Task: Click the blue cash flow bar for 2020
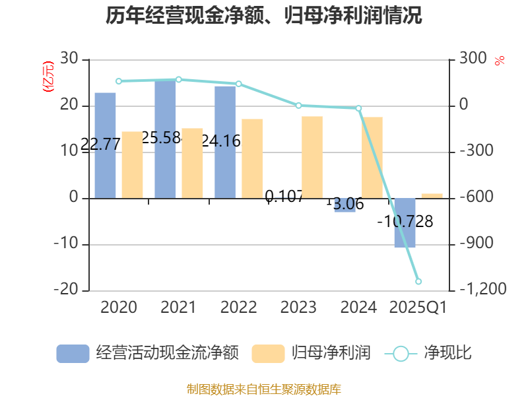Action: click(x=105, y=145)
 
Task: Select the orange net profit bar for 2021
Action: click(x=192, y=163)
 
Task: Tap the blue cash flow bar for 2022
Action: click(x=225, y=142)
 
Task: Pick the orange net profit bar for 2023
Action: click(x=312, y=157)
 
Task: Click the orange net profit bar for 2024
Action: click(x=372, y=157)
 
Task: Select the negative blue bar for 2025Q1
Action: click(x=405, y=223)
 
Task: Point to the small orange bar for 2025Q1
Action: click(x=432, y=195)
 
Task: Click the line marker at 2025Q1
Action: click(x=418, y=282)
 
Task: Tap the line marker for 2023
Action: click(x=298, y=106)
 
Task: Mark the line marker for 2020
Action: click(x=119, y=81)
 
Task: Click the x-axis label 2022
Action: click(x=238, y=308)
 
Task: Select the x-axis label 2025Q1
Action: click(x=418, y=308)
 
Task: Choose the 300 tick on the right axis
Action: click(x=473, y=59)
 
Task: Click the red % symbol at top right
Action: click(x=500, y=61)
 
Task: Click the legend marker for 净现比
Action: click(x=401, y=353)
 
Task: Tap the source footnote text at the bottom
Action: click(x=264, y=389)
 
